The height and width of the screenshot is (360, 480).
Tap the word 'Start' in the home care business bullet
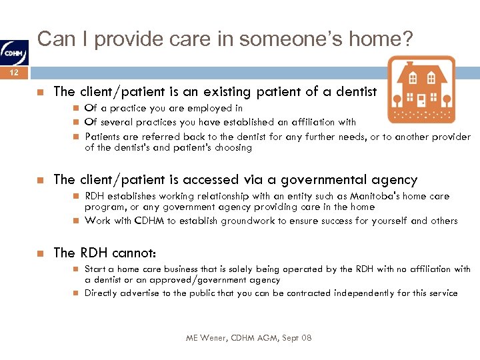click(95, 269)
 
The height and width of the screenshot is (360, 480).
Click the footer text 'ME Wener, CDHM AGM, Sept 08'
click(249, 338)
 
